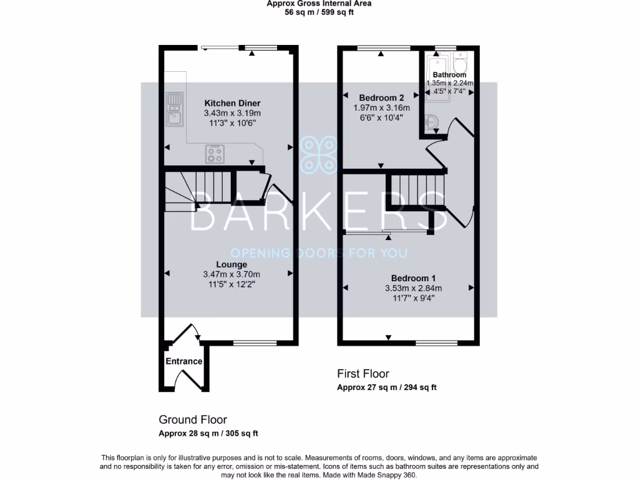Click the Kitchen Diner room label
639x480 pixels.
click(232, 103)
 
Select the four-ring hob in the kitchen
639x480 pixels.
click(215, 153)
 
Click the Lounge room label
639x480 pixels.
click(232, 264)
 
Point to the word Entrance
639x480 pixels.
click(184, 361)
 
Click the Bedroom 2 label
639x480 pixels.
click(381, 97)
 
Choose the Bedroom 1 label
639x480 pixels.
click(413, 278)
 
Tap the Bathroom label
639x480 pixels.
click(449, 75)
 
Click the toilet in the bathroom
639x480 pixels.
click(461, 63)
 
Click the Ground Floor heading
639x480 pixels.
click(193, 420)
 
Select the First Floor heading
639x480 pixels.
click(363, 374)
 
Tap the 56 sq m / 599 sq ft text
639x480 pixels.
click(319, 12)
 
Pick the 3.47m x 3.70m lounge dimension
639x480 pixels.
click(232, 274)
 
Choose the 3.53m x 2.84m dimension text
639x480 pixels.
click(413, 288)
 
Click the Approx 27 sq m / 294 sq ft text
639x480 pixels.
click(387, 387)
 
